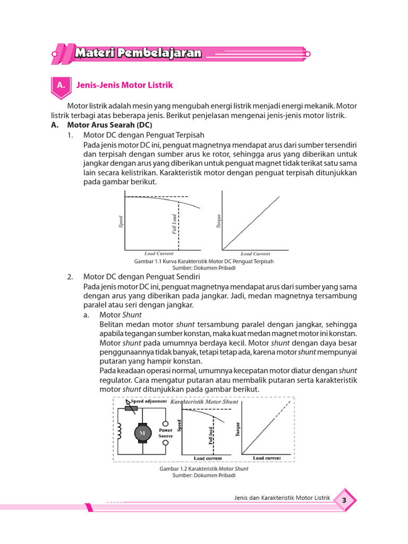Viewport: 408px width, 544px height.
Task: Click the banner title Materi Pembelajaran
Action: pyautogui.click(x=138, y=53)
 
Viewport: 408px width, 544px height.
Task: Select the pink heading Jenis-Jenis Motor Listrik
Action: pyautogui.click(x=125, y=85)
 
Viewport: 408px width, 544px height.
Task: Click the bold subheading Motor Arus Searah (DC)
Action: pyautogui.click(x=109, y=125)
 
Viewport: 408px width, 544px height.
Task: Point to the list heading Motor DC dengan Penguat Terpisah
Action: pyautogui.click(x=143, y=135)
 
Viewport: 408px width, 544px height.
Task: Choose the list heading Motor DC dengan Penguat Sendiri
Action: pyautogui.click(x=141, y=277)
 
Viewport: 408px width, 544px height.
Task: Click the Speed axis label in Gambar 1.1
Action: pyautogui.click(x=121, y=222)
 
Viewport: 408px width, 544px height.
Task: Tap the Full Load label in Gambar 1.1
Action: pyautogui.click(x=174, y=224)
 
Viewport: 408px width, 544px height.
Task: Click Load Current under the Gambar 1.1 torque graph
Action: pyautogui.click(x=256, y=254)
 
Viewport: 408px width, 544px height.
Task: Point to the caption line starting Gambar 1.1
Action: pyautogui.click(x=205, y=261)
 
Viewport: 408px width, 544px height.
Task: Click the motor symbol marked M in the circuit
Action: pyautogui.click(x=142, y=433)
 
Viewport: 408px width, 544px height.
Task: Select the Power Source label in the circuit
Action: pyautogui.click(x=166, y=432)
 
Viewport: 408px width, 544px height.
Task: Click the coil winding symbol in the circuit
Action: pyautogui.click(x=120, y=433)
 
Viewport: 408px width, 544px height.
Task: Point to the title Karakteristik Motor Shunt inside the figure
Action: pyautogui.click(x=205, y=402)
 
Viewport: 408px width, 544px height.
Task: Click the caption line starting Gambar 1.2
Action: pyautogui.click(x=204, y=469)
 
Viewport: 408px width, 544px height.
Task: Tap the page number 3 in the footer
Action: pyautogui.click(x=344, y=500)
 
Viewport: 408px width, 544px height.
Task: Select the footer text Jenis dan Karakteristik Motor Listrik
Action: pyautogui.click(x=282, y=498)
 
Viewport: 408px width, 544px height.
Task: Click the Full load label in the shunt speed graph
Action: pyautogui.click(x=211, y=436)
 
